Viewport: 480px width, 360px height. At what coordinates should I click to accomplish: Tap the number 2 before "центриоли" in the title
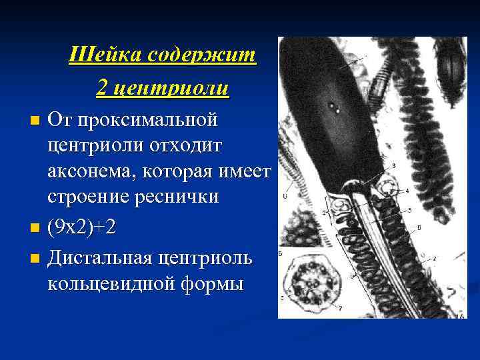coord(102,88)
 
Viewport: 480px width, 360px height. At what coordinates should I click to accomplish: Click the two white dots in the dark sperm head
coord(333,105)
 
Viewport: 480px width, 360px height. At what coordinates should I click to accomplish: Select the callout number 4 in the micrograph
coord(407,191)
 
